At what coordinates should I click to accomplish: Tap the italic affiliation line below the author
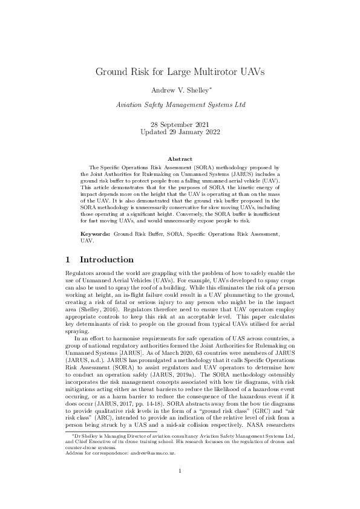181,105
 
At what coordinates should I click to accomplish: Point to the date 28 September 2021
180,124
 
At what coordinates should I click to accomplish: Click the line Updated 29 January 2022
180,131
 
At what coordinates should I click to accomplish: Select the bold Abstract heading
180,159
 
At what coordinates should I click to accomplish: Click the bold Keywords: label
96,233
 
